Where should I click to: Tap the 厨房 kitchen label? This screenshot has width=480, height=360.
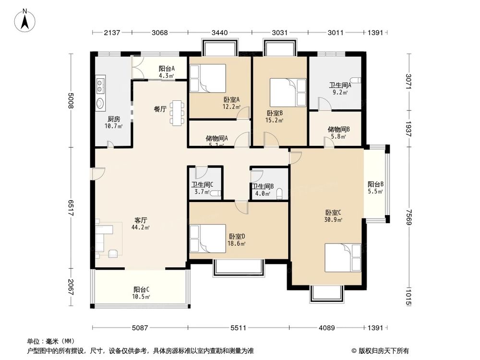[113, 120]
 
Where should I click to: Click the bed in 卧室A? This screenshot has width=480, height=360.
[207, 78]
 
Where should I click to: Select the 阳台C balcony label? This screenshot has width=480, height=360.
[141, 289]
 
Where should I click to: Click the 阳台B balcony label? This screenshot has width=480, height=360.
[375, 184]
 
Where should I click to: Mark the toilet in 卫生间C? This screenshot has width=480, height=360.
[216, 193]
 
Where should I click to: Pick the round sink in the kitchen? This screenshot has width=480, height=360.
[100, 103]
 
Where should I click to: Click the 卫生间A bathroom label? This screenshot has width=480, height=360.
[340, 85]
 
